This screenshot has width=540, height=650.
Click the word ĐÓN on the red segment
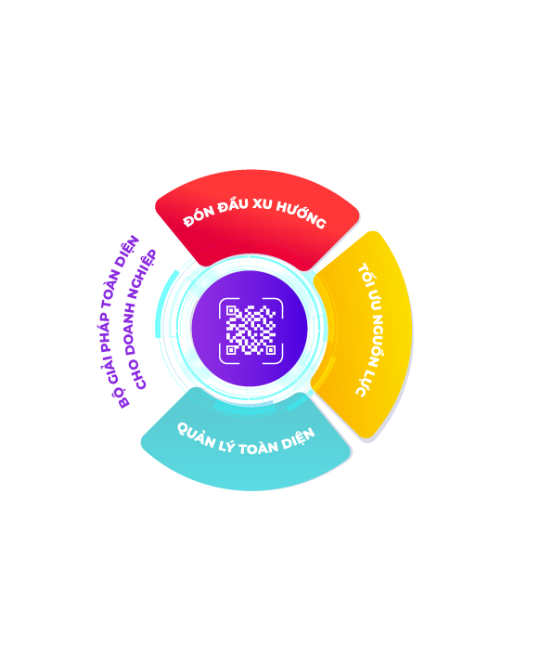click(199, 215)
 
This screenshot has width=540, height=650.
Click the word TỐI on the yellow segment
click(366, 275)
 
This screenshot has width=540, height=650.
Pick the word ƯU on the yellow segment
click(374, 301)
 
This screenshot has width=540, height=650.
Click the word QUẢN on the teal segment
click(196, 435)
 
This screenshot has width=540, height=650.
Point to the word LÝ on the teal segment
click(226, 447)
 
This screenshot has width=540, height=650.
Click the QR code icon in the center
click(251, 330)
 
